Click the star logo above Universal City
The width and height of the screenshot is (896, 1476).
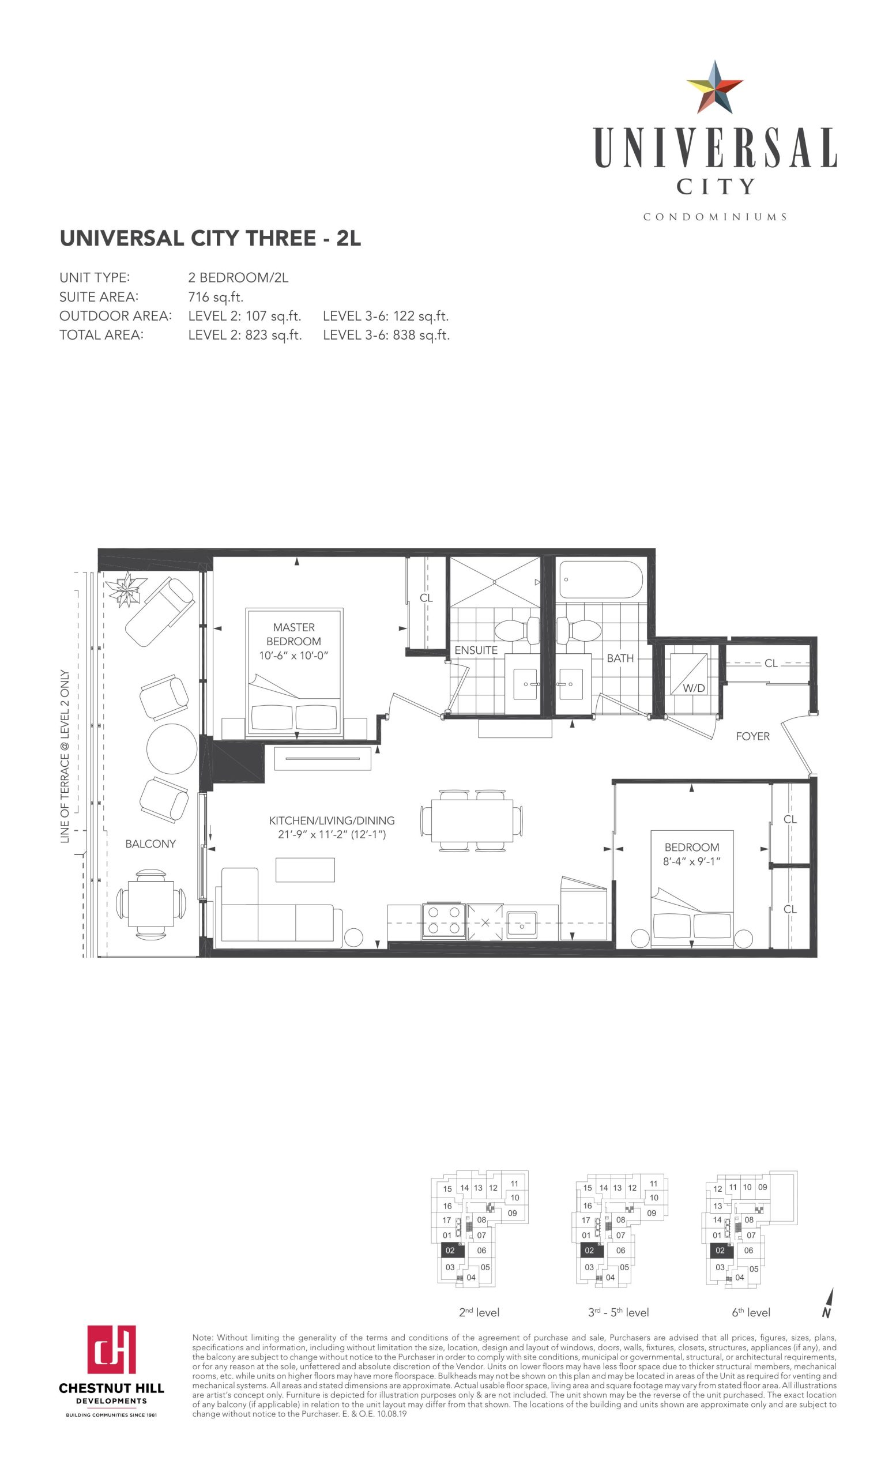(714, 88)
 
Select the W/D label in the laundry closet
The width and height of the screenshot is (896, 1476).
(694, 688)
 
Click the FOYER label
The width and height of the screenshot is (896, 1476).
(753, 736)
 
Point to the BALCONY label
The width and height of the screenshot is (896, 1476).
(150, 844)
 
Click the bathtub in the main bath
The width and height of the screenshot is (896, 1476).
(600, 579)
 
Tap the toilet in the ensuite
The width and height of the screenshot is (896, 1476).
(516, 630)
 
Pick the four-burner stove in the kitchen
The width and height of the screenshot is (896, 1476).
(445, 920)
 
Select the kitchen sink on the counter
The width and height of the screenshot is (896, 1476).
(522, 925)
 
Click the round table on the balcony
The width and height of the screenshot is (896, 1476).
(172, 749)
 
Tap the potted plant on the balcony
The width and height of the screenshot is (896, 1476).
(127, 589)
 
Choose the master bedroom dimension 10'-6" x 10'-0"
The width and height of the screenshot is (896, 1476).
(293, 656)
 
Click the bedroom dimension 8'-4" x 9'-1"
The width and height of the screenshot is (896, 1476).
(692, 861)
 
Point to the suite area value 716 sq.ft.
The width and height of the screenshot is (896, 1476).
(216, 297)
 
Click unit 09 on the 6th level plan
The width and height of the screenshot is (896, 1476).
(762, 1187)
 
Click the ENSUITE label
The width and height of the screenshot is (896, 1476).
(476, 650)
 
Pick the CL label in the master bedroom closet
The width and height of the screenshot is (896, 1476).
(426, 598)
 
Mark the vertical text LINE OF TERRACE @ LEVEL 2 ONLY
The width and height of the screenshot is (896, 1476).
(65, 756)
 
